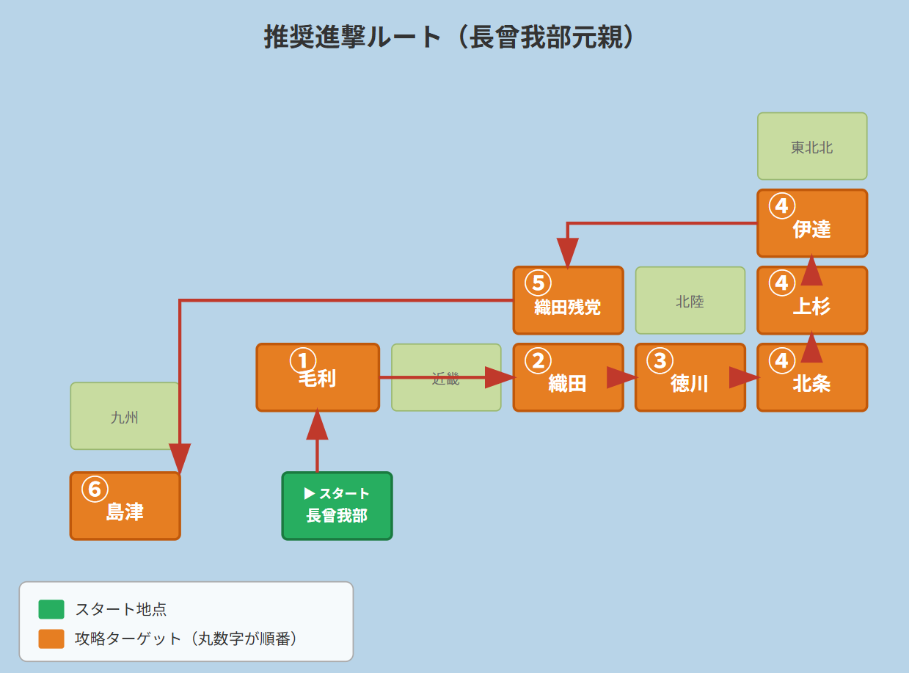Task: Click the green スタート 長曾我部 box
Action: pos(337,506)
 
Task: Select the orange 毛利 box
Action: pos(318,377)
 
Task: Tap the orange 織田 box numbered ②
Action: pos(568,377)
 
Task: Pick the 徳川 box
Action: pos(690,377)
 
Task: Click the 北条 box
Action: pos(812,377)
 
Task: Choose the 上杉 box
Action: pos(812,300)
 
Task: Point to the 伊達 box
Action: pos(812,223)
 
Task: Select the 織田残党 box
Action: pos(568,300)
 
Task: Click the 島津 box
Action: pos(125,506)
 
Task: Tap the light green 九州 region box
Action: pos(125,416)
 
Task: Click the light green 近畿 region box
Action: pos(446,377)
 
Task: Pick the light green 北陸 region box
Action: pos(690,300)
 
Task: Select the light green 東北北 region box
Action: pos(812,146)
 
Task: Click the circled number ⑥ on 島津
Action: pos(95,489)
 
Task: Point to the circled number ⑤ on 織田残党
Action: pos(538,283)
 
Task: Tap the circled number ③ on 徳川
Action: pos(660,360)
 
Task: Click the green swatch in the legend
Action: pos(51,609)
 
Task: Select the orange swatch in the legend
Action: pos(51,639)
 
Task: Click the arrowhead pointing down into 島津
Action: pos(180,458)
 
